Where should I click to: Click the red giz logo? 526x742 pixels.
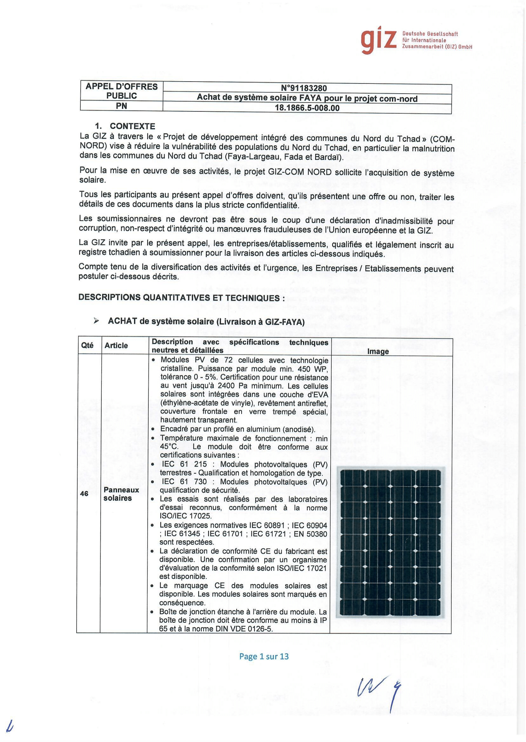click(378, 40)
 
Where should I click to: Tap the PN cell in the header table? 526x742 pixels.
click(121, 106)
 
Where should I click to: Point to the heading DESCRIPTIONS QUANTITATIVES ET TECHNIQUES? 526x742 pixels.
click(181, 298)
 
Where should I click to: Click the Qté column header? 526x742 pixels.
click(87, 345)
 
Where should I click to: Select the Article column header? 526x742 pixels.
click(116, 345)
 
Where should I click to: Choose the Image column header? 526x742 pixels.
click(378, 351)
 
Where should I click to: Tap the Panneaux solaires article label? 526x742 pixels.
click(121, 494)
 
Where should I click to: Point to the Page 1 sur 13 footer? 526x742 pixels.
click(264, 656)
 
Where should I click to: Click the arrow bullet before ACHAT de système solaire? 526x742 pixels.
click(96, 321)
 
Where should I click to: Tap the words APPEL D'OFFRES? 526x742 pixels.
click(121, 86)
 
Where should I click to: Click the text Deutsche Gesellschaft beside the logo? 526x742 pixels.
click(430, 34)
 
